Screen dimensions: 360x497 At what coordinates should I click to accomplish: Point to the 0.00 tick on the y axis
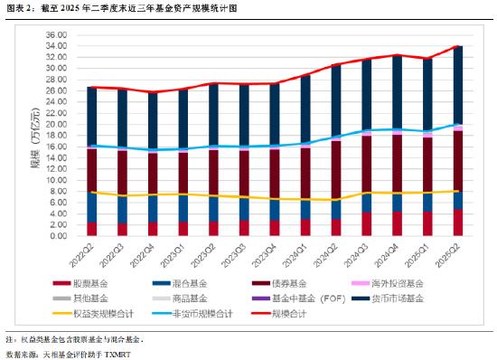(x=58, y=235)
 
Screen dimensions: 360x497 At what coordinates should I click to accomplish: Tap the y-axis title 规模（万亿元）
(x=34, y=145)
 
